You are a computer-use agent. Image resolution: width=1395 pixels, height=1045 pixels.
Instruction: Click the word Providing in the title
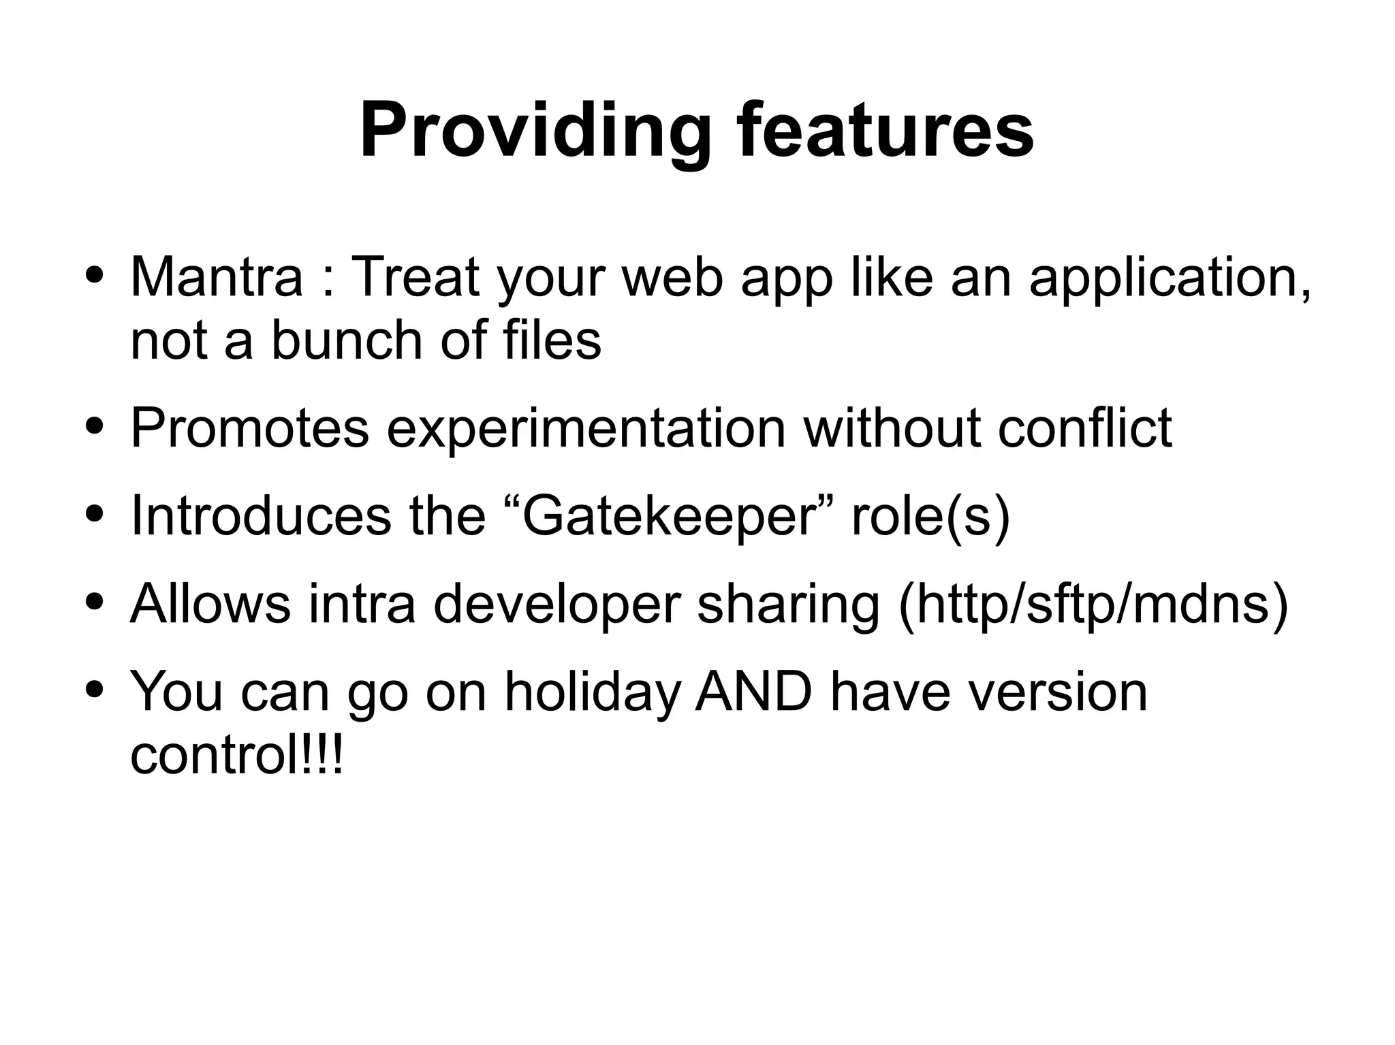coord(535,131)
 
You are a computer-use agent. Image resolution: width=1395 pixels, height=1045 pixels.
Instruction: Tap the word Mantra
coord(216,277)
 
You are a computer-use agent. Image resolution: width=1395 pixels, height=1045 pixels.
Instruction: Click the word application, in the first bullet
coord(1170,277)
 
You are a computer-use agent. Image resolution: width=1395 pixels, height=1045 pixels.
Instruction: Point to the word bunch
coord(347,340)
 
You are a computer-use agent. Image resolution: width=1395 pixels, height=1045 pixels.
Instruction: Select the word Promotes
coord(249,428)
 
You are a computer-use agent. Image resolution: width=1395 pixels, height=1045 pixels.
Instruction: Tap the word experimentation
coord(586,428)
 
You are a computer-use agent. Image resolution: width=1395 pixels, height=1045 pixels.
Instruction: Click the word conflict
coord(1084,428)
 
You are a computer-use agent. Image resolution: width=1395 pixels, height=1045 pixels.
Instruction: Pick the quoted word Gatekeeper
coord(669,516)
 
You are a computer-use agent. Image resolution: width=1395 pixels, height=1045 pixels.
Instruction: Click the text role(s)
coord(930,516)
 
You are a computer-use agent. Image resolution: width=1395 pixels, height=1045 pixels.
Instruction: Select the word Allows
coord(210,603)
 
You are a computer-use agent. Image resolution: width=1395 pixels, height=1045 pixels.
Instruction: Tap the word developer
coord(557,603)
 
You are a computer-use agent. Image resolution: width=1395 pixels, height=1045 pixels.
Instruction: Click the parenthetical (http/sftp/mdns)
coord(1093,603)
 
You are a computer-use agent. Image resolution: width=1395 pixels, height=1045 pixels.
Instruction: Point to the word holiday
coord(592,692)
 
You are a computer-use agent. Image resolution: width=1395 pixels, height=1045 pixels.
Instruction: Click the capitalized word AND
coord(753,692)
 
